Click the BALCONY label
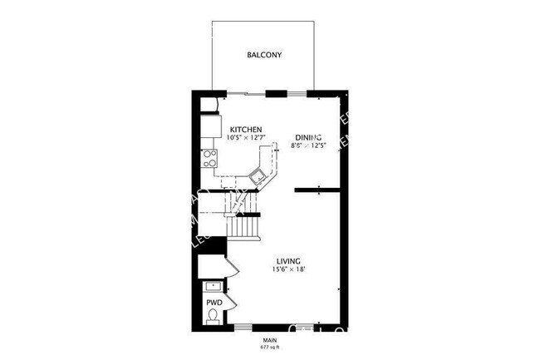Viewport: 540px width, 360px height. coord(264,56)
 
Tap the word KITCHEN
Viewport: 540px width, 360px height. coord(247,129)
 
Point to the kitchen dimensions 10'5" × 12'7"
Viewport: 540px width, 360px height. coord(247,138)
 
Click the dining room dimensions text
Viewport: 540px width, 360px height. coord(308,146)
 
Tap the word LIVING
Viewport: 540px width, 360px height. coord(289,260)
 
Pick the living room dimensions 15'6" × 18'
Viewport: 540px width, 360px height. coord(289,269)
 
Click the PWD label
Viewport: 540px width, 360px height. coord(214,303)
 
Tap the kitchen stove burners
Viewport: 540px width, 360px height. coord(209,157)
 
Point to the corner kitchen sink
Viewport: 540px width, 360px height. coord(259,175)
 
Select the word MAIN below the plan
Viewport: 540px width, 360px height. coord(270,339)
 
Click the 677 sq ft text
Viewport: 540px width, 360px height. coord(270,347)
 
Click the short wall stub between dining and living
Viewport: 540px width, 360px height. coord(319,190)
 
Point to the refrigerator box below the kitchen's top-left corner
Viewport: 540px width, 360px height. coord(209,126)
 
